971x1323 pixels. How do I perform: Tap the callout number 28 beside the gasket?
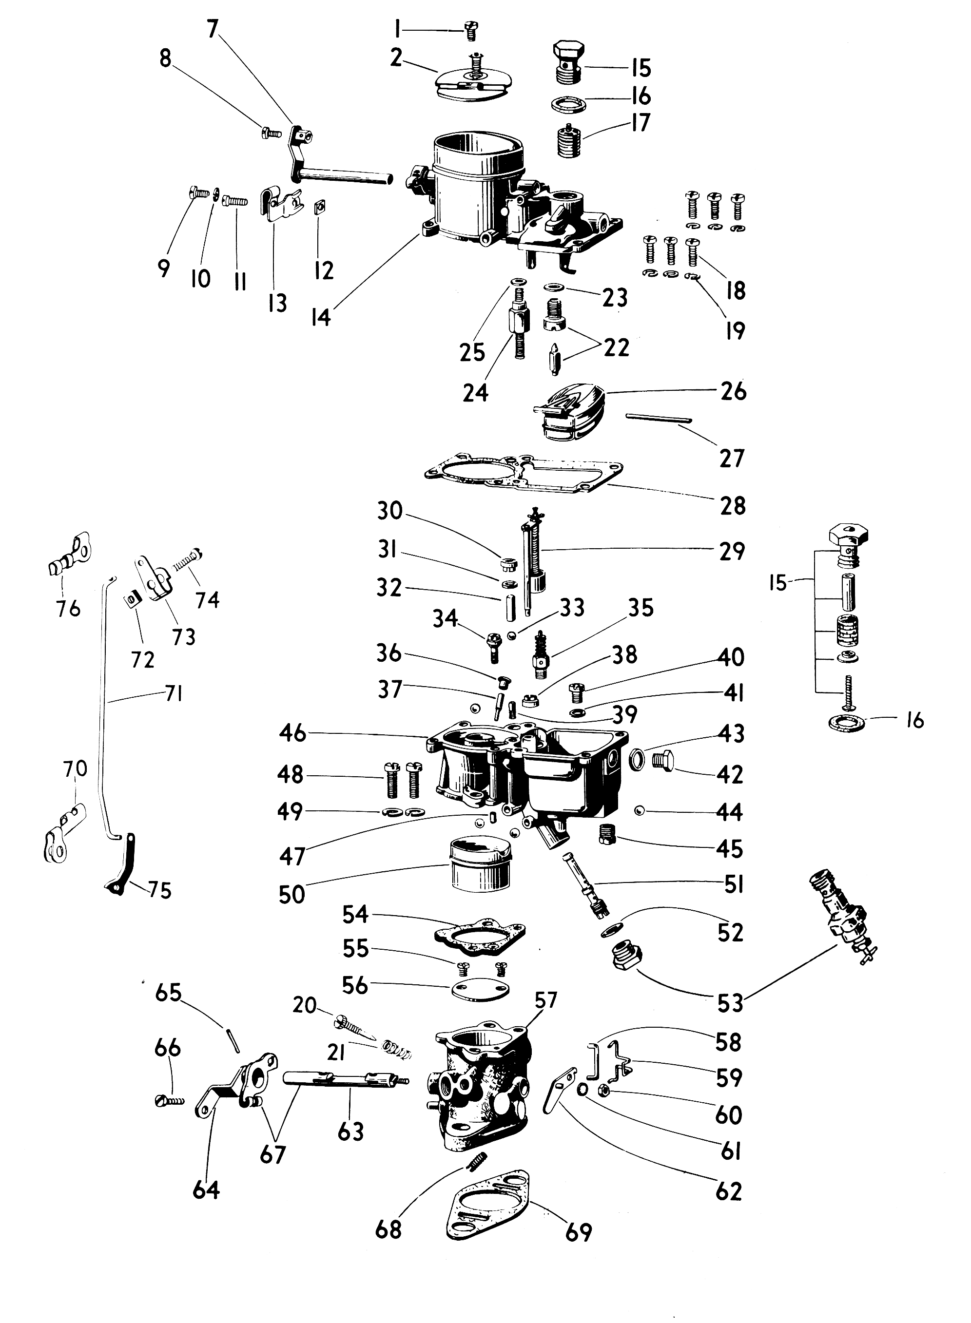732,506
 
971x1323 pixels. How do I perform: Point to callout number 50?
292,894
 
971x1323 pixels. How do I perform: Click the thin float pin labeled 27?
659,418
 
